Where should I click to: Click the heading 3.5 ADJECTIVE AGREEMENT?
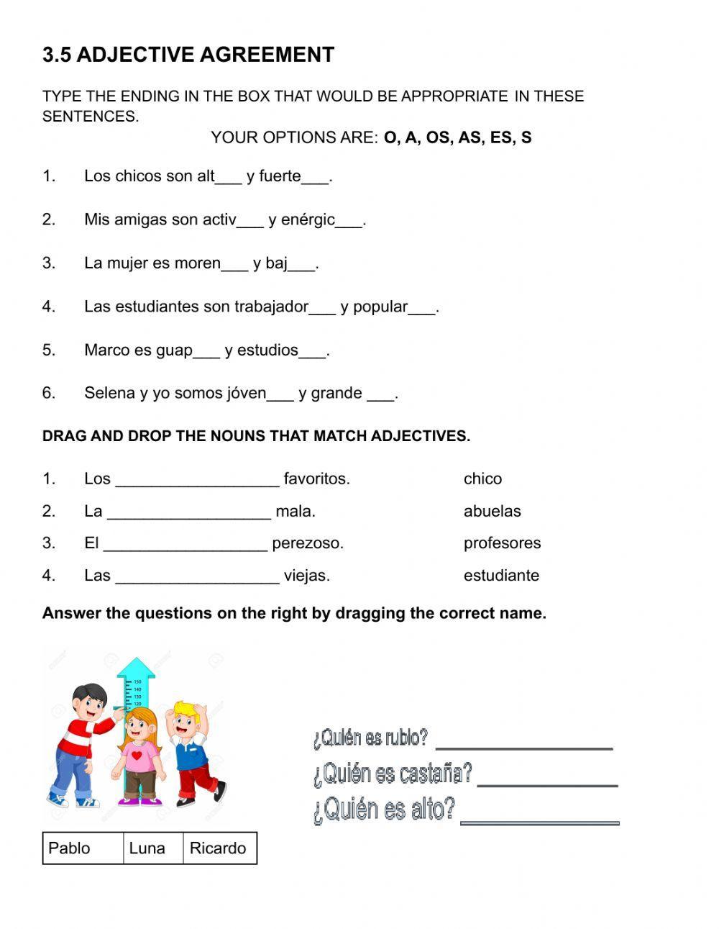click(x=188, y=55)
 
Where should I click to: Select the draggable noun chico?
click(x=482, y=479)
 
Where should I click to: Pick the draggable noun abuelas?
click(x=492, y=512)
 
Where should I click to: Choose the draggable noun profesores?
click(x=502, y=543)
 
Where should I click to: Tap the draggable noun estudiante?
click(x=501, y=576)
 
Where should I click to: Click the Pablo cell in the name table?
click(x=70, y=848)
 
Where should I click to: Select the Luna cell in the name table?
click(x=147, y=848)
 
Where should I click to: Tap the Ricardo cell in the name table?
click(x=218, y=848)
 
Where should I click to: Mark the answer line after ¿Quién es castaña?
click(x=547, y=780)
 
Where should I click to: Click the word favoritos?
click(x=316, y=479)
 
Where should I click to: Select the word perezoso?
click(x=308, y=543)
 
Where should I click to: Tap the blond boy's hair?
click(x=186, y=711)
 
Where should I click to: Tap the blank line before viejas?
click(x=197, y=576)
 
